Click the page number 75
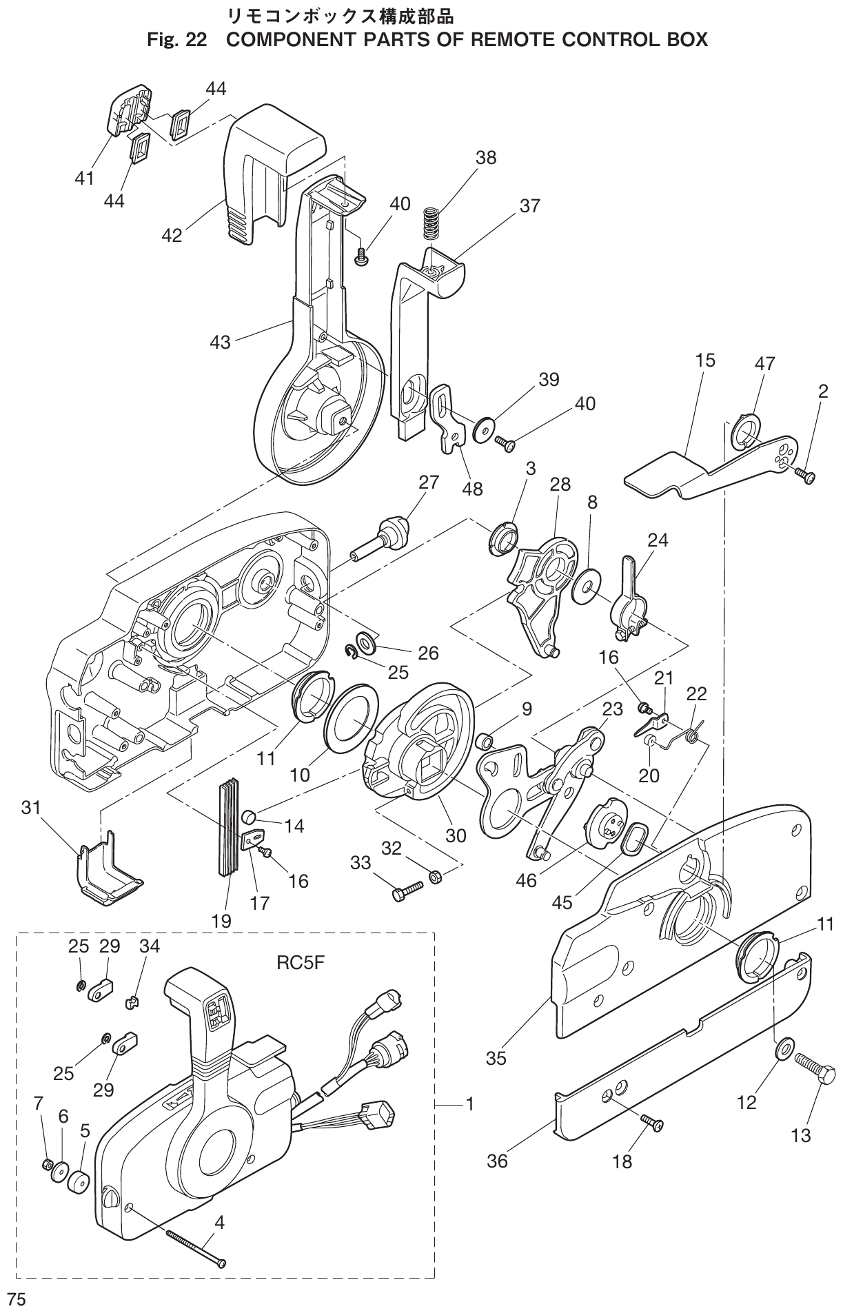16,1299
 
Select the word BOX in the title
683,40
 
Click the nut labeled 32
436,877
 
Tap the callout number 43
221,341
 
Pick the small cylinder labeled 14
250,818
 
